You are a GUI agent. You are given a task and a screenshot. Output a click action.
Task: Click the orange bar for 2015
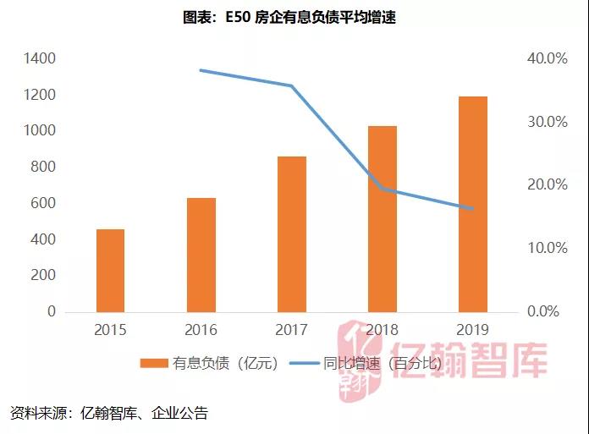[x=110, y=271]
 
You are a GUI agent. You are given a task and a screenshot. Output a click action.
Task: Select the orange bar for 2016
[x=201, y=255]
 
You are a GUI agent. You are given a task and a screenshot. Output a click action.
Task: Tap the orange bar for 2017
[x=292, y=234]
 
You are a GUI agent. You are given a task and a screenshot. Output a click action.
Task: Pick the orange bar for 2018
[x=383, y=219]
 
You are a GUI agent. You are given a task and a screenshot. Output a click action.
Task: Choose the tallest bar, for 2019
[x=473, y=204]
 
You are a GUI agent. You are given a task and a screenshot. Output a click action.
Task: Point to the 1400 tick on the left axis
[x=40, y=58]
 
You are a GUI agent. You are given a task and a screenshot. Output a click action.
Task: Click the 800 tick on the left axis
[x=43, y=167]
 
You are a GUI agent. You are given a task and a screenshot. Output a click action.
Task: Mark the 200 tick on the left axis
[x=43, y=276]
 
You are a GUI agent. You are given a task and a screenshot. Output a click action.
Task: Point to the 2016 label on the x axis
[x=201, y=329]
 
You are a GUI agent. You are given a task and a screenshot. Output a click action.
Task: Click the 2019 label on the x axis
[x=473, y=329]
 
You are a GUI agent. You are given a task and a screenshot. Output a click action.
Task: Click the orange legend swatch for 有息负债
[x=153, y=363]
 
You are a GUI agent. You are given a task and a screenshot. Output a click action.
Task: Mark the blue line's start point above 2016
[x=201, y=70]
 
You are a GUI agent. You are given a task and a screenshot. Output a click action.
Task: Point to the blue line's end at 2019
[x=473, y=209]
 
